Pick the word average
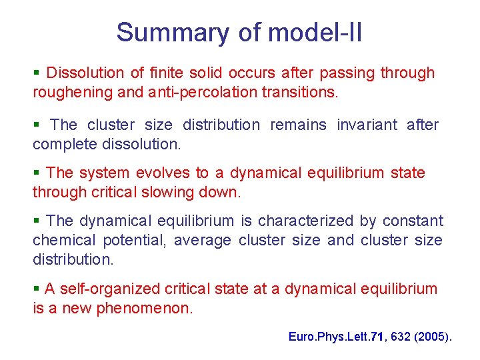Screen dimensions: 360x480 tap(205, 240)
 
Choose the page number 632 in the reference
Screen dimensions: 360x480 tap(401, 337)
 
